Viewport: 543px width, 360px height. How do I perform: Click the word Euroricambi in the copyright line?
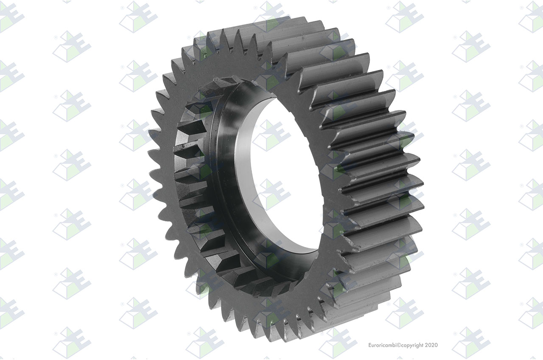383,345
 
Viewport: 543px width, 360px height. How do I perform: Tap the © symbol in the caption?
399,345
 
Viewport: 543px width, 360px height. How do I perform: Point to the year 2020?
431,345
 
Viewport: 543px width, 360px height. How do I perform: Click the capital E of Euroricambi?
370,345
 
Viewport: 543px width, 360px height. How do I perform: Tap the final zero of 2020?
436,345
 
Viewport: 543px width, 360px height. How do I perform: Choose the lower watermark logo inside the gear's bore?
272,194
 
